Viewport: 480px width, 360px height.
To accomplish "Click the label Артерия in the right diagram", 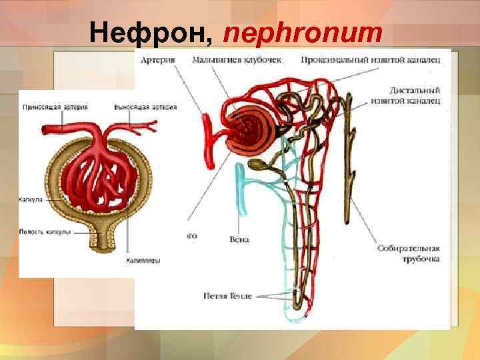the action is click(x=158, y=60).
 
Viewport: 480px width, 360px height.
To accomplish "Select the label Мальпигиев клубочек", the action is click(x=236, y=60).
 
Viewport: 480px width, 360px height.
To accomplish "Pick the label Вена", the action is click(x=238, y=239).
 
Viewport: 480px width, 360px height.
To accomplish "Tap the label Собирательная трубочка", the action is click(x=408, y=253).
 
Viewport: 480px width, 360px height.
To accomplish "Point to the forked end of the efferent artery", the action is click(x=150, y=125).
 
